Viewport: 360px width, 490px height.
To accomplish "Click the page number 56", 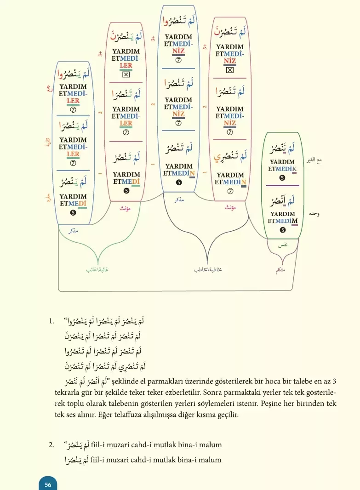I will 48,484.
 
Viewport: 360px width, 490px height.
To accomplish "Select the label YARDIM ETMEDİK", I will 282,165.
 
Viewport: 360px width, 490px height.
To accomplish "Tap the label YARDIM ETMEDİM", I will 282,217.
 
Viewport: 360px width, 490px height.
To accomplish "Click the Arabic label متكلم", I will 280,270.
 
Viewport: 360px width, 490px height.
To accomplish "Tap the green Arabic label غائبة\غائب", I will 97,270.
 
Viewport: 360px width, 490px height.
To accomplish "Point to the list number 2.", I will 51,444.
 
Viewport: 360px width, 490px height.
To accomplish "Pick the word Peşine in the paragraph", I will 275,403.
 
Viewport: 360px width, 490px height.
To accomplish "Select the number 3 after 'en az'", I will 335,381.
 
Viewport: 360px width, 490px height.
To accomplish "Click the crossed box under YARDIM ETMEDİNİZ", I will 230,70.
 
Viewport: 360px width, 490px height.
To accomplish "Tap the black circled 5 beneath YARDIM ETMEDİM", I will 282,230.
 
